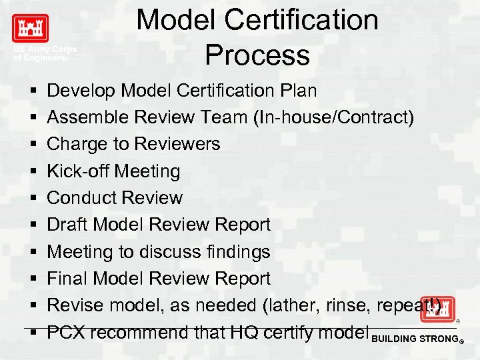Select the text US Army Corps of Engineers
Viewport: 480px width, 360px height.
[44, 53]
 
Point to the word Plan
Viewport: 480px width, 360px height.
[297, 90]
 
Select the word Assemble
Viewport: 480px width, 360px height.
[88, 117]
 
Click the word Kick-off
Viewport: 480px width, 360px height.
[78, 171]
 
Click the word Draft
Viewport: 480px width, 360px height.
[67, 225]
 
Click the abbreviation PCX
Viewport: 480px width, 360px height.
[65, 332]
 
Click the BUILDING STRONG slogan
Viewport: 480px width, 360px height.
[416, 339]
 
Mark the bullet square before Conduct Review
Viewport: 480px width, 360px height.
[32, 198]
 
